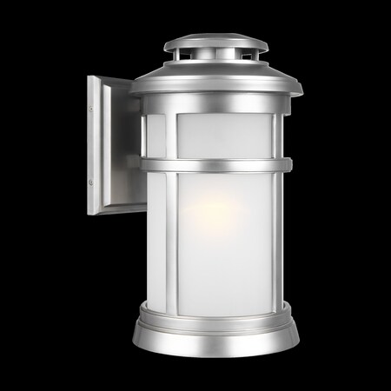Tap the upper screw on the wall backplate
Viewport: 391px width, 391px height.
click(x=92, y=109)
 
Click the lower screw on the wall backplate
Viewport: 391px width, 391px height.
click(x=92, y=184)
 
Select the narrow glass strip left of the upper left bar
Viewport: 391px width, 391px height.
click(x=157, y=136)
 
